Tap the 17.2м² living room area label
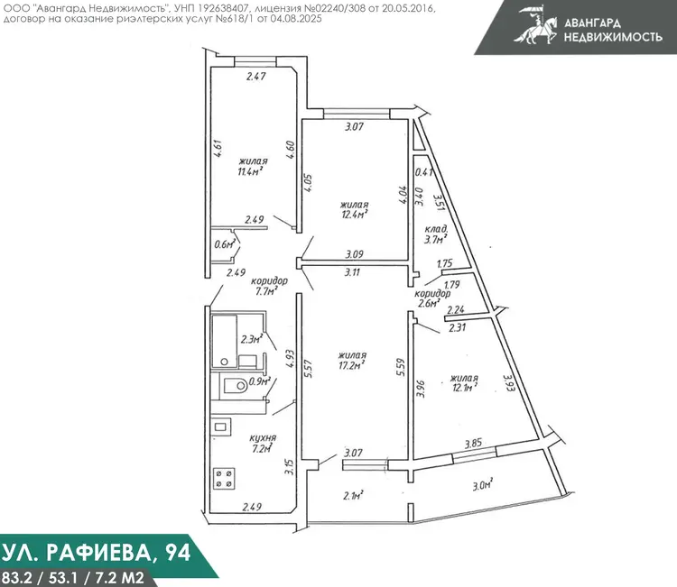click(352, 365)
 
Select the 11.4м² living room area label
click(250, 171)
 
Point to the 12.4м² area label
click(355, 214)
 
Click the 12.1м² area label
click(465, 388)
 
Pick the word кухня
click(263, 437)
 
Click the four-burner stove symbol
click(224, 478)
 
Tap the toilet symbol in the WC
click(234, 385)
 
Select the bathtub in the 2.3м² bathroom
click(224, 341)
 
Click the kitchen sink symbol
click(220, 427)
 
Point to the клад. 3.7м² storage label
click(436, 234)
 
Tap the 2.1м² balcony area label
click(353, 496)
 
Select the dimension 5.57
click(308, 369)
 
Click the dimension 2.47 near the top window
click(256, 77)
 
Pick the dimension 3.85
click(473, 443)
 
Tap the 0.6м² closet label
click(225, 244)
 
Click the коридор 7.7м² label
click(269, 286)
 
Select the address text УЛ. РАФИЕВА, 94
click(96, 554)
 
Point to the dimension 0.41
click(424, 172)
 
